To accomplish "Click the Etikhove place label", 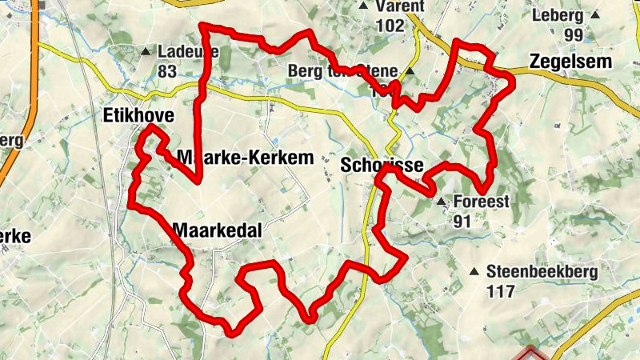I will tap(138, 117).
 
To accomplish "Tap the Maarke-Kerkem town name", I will tap(245, 158).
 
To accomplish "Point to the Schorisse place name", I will tap(380, 166).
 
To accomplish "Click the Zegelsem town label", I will tap(570, 62).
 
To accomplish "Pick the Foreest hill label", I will tap(481, 202).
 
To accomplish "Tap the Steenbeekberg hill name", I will tap(542, 272).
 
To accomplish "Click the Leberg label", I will tap(558, 14).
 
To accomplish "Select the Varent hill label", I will tap(399, 6).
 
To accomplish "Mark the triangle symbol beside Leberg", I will tap(594, 14).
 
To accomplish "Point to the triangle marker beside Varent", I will tap(363, 6).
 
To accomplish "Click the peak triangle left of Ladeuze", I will tap(146, 52).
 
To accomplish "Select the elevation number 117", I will tap(500, 291).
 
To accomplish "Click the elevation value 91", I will tap(462, 221).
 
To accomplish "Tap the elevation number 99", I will tap(573, 34).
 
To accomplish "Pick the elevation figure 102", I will tap(390, 26).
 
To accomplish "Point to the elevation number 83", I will tap(167, 71).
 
